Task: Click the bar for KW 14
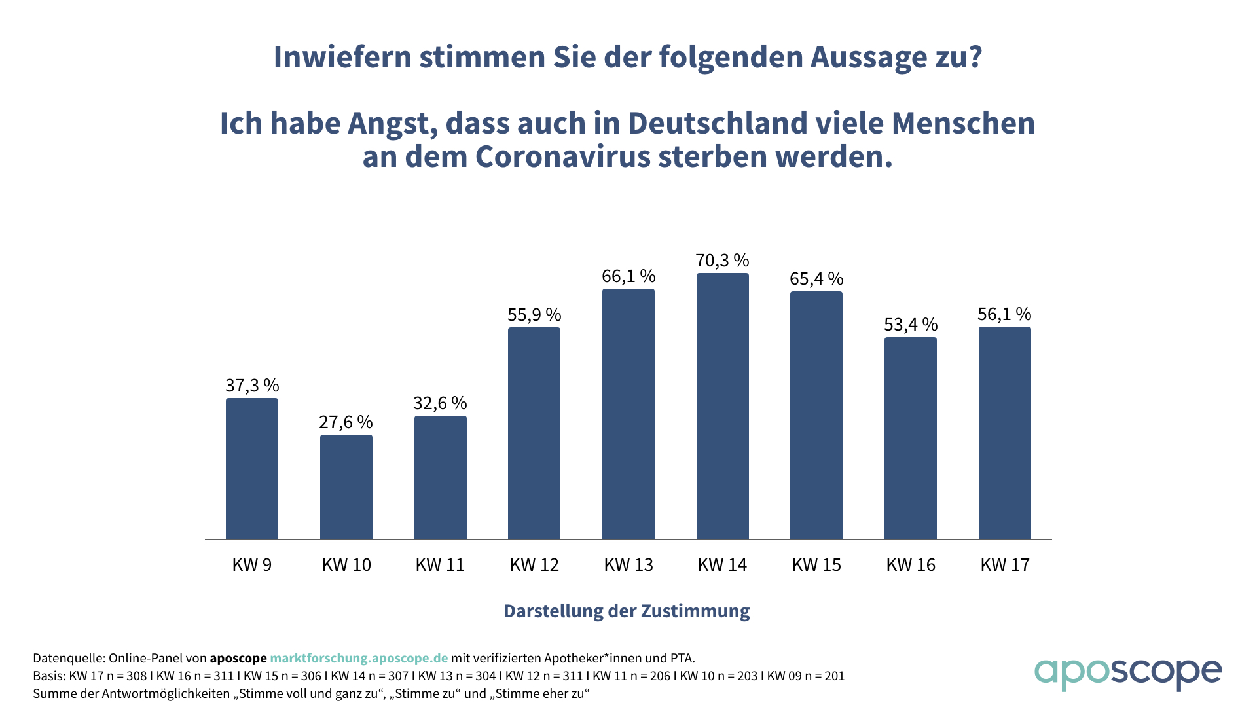(x=722, y=406)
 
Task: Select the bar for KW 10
(x=346, y=487)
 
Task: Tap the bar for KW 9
(x=252, y=469)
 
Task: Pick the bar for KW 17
(x=1004, y=433)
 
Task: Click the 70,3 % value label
(x=722, y=261)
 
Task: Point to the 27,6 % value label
(x=346, y=422)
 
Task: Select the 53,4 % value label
(x=911, y=325)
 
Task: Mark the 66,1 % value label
(x=628, y=276)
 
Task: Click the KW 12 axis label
(x=534, y=565)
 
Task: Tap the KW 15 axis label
(x=816, y=565)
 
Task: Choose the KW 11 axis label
(x=440, y=565)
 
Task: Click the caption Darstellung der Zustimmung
(x=627, y=611)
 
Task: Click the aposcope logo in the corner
(x=1127, y=674)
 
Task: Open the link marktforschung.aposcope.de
(x=359, y=658)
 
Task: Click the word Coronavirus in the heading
(x=563, y=157)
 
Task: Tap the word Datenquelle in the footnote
(x=67, y=658)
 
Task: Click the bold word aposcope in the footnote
(x=238, y=658)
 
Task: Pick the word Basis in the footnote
(x=48, y=676)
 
